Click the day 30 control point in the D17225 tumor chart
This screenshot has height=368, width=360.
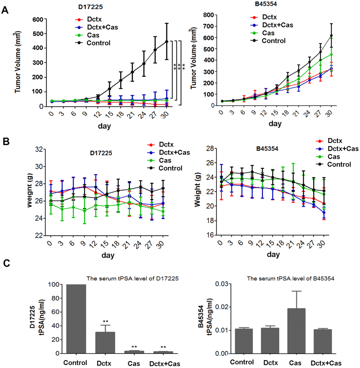(x=166, y=42)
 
